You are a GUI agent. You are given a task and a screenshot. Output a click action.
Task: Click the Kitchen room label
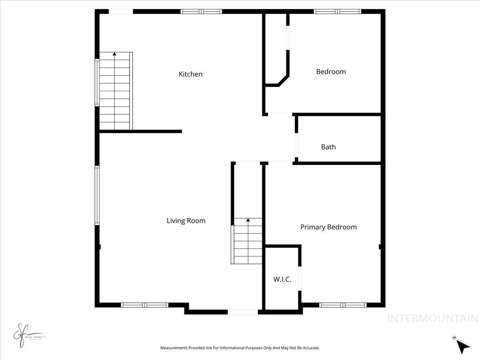coord(190,74)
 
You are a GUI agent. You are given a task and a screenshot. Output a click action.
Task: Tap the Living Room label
coord(186,220)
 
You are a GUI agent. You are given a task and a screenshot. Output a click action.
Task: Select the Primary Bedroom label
coord(328,227)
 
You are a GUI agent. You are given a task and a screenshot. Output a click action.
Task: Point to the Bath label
coord(328,147)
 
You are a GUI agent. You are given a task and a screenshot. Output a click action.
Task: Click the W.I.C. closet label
coord(282,279)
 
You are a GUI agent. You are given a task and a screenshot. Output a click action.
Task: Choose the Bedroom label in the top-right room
coord(331,72)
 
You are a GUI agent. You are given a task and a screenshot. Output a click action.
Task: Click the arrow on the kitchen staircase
coord(115,54)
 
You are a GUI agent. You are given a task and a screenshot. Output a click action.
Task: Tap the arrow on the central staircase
coord(248,220)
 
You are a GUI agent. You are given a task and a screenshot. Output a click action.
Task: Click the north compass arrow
coord(463,346)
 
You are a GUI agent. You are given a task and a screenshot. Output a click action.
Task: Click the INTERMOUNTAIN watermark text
coord(433,318)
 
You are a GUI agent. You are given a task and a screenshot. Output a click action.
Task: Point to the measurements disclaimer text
coord(240,348)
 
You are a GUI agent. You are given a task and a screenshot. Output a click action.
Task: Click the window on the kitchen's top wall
coord(201,12)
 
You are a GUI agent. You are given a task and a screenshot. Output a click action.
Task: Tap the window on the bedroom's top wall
coord(338,12)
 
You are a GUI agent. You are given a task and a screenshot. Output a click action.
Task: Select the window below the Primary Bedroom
coord(343,305)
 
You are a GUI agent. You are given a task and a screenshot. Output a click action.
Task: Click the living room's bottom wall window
coord(144,305)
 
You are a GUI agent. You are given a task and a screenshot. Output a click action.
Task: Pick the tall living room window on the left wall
coord(97,195)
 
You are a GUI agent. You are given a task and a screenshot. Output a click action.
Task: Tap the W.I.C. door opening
coord(300,278)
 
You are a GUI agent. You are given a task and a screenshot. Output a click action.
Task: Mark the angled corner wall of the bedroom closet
coord(283,80)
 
